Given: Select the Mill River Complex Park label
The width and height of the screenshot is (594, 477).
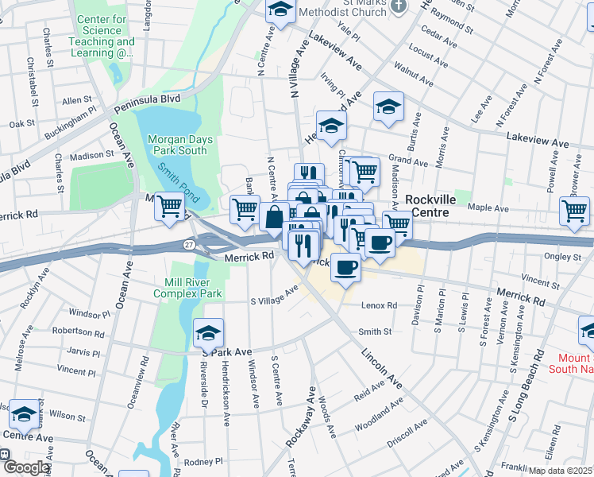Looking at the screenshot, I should click(193, 288).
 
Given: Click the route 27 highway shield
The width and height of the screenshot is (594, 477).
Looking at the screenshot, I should click(189, 244).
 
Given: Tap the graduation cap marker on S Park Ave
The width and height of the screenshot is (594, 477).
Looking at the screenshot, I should click(208, 332).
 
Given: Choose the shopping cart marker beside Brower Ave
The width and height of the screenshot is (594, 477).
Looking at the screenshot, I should click(574, 211).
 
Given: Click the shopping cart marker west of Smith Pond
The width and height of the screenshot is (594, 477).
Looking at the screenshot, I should click(169, 207).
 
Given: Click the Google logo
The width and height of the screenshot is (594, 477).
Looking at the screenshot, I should click(25, 468).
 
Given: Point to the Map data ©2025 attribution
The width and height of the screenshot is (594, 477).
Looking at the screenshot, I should click(559, 471).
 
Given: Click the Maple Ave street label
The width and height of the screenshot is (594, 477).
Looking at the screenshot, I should click(489, 208).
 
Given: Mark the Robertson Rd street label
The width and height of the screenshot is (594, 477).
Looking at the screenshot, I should click(79, 332).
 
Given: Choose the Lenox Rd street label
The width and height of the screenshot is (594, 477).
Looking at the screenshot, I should click(379, 305).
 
